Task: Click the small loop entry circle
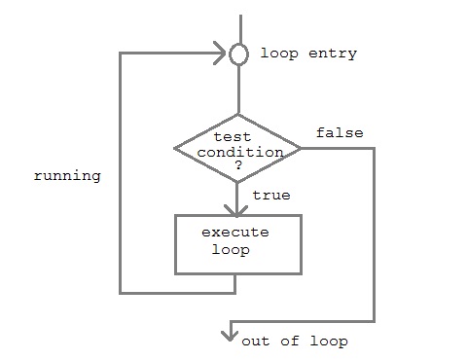coord(237,54)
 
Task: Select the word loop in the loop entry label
coord(276,54)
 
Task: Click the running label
coord(67,177)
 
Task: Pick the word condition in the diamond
coord(248,152)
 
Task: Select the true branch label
coord(270,196)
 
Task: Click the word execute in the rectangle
coord(235,233)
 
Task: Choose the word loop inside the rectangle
coord(230,249)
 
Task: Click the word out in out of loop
coord(256,342)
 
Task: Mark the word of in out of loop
coord(290,342)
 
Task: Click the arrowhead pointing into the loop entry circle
coord(222,54)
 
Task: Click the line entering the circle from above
coord(237,27)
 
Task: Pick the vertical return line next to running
coord(120,175)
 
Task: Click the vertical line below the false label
coord(374,234)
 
